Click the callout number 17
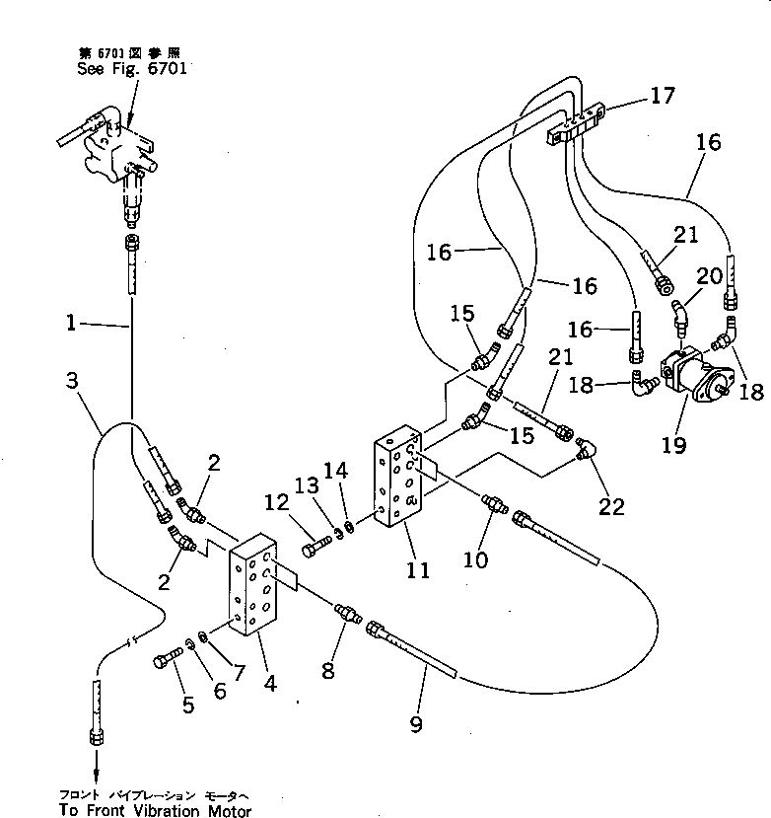click(662, 96)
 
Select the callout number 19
click(674, 445)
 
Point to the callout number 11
click(419, 570)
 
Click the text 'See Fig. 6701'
click(130, 70)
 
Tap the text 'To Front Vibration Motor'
click(155, 811)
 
